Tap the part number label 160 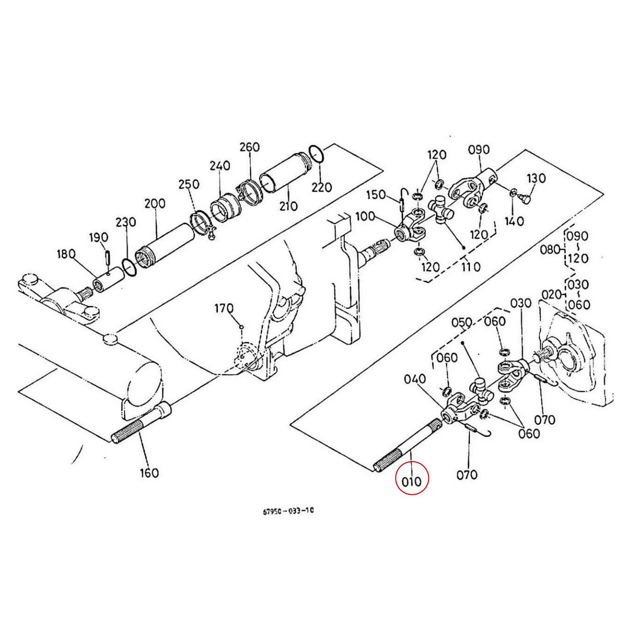tap(149, 473)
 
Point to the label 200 tap(155, 204)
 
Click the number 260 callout tap(249, 147)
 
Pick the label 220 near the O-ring tap(321, 187)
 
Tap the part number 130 tap(536, 179)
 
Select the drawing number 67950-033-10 tap(288, 511)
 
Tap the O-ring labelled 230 tap(130, 267)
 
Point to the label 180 tap(66, 254)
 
